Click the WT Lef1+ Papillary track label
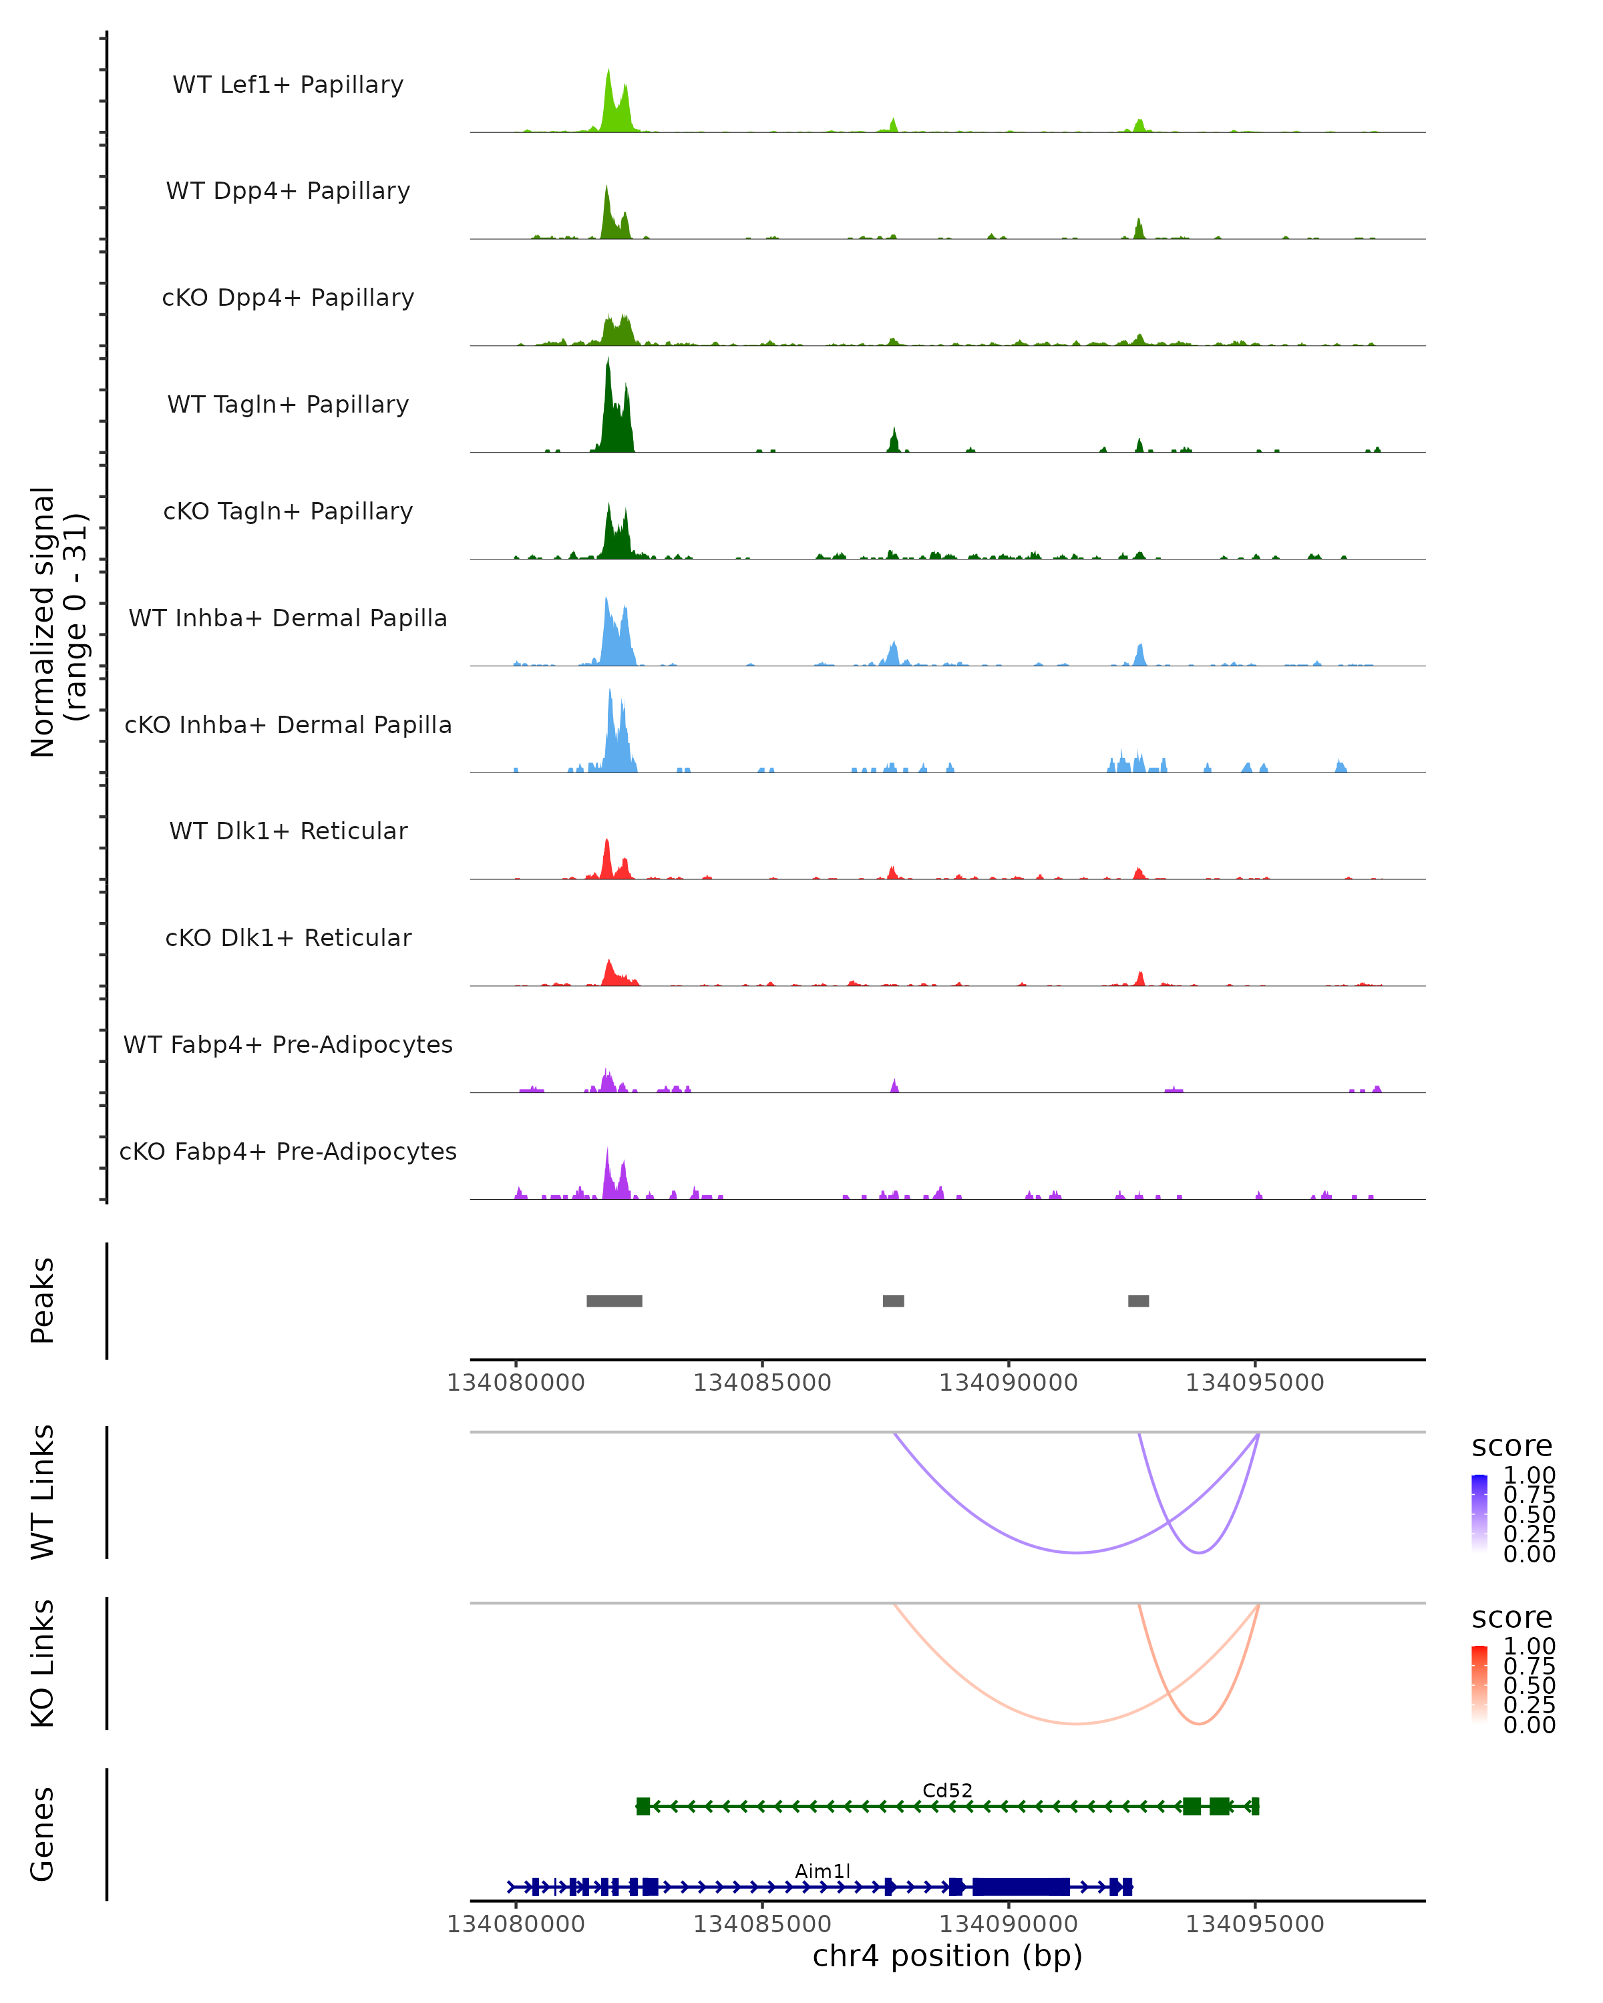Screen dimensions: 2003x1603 pyautogui.click(x=288, y=85)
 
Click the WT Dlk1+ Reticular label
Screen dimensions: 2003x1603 pyautogui.click(x=288, y=831)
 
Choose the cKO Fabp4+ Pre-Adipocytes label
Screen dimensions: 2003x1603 pyautogui.click(x=288, y=1151)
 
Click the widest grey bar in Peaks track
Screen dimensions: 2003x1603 pyautogui.click(x=614, y=1301)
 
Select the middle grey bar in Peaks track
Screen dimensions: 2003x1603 pyautogui.click(x=893, y=1301)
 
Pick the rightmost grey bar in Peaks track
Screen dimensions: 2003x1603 pyautogui.click(x=1138, y=1301)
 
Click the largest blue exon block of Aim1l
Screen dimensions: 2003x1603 pyautogui.click(x=1021, y=1887)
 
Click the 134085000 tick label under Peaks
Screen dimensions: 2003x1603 pyautogui.click(x=762, y=1383)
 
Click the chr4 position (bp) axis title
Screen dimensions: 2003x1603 pyautogui.click(x=947, y=1956)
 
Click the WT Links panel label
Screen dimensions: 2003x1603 pyautogui.click(x=43, y=1493)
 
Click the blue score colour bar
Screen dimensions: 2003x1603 pyautogui.click(x=1479, y=1514)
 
